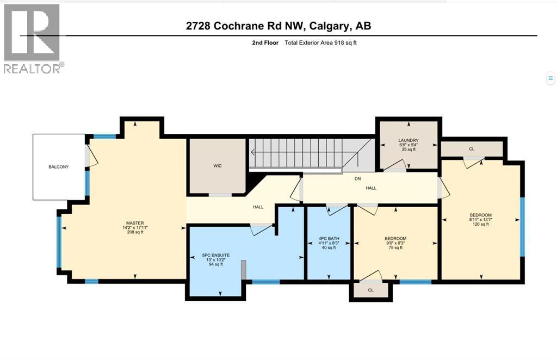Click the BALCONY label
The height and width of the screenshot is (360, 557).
(59, 167)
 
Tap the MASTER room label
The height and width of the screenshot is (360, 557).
(134, 222)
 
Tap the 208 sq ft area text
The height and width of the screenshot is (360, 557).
(134, 232)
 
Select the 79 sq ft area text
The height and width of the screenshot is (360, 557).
(395, 248)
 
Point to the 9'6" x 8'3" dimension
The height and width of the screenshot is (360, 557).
(395, 243)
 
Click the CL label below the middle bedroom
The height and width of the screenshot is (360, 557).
(370, 290)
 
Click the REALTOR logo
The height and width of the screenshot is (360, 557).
(32, 38)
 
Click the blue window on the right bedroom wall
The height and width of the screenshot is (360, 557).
(522, 226)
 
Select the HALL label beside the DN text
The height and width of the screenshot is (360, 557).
(371, 188)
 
